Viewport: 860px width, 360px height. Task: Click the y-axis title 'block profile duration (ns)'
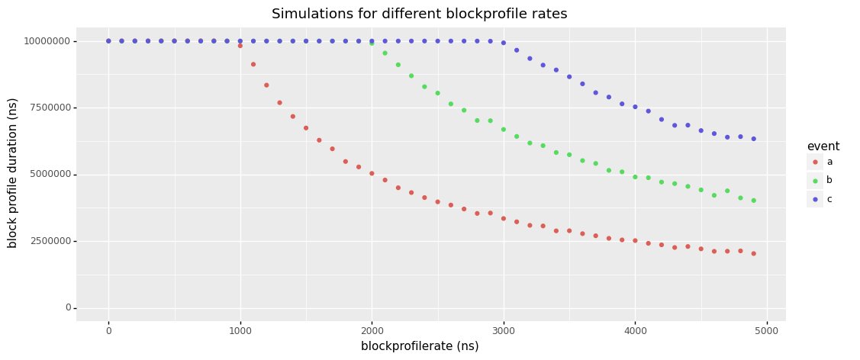click(x=12, y=174)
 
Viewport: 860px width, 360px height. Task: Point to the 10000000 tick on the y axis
click(x=47, y=41)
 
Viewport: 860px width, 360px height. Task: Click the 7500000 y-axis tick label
click(x=50, y=108)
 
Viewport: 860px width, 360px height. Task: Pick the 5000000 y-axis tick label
click(x=50, y=175)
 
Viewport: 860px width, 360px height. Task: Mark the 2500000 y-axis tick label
click(x=50, y=241)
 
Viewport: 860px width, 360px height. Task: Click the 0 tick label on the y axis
click(x=68, y=308)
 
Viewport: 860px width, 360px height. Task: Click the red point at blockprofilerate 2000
click(x=372, y=173)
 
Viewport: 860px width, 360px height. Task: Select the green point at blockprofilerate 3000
click(x=504, y=130)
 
